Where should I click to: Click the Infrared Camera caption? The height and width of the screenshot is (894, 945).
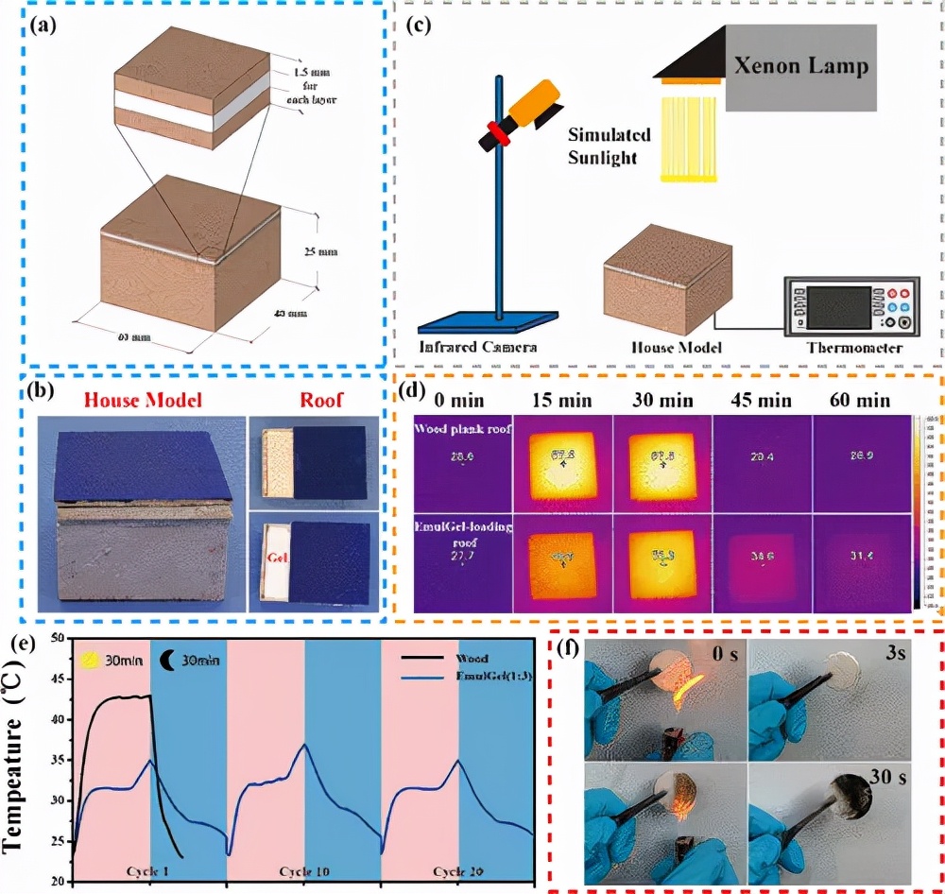(478, 347)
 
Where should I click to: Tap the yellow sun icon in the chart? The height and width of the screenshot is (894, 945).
(91, 659)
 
